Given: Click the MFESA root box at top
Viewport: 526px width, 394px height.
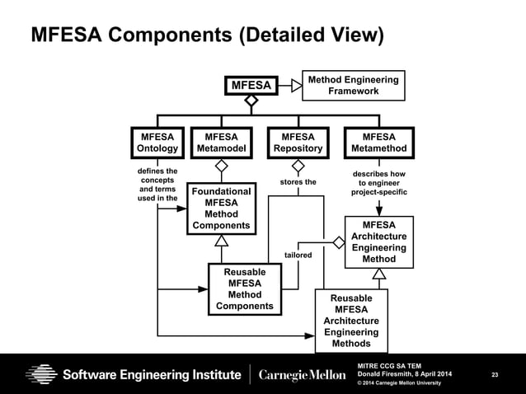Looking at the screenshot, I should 251,85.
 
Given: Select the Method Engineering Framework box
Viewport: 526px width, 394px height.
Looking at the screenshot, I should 353,85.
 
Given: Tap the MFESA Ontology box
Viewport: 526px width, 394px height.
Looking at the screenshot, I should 157,143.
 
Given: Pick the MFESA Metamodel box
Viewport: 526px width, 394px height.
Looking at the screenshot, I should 221,143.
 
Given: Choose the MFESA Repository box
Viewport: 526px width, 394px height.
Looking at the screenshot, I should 298,143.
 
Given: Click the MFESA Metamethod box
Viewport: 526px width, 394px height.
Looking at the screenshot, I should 378,143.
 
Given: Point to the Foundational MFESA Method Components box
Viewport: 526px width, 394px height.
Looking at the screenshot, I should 221,209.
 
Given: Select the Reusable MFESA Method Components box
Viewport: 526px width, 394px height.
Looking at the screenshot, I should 244,288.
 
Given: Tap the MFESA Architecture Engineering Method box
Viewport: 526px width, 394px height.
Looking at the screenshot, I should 378,242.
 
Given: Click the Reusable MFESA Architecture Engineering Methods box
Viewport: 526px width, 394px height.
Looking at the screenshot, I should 351,321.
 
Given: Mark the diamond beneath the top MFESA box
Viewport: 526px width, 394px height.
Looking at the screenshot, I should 251,101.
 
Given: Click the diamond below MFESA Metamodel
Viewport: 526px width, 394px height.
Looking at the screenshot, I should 221,165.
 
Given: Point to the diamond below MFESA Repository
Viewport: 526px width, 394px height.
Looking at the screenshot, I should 298,165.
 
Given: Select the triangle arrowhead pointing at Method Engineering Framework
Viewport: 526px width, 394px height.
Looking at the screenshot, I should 297,85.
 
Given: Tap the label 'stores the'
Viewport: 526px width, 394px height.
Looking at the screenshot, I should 298,182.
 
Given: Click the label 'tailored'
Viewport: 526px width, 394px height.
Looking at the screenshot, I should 298,256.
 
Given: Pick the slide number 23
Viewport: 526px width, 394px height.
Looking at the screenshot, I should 495,376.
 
